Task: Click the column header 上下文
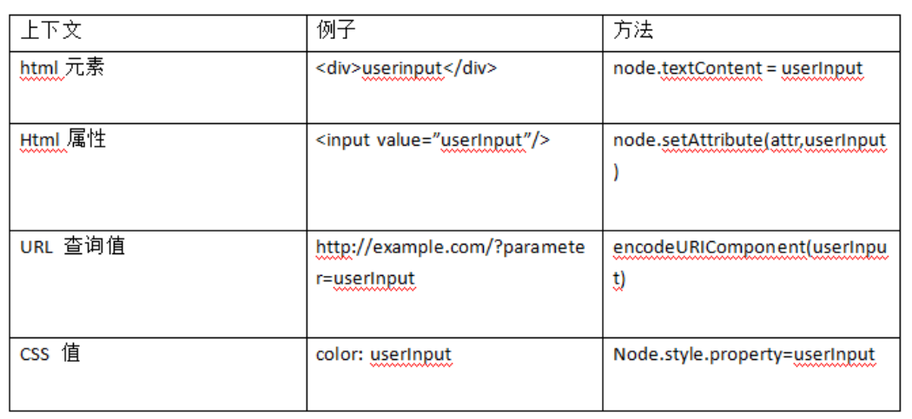50,31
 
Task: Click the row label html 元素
62,68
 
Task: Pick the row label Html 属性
63,140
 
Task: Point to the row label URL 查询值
72,246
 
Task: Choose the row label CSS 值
50,354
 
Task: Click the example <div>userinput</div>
406,69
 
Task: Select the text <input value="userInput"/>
433,141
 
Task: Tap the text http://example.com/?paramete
450,247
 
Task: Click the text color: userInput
383,355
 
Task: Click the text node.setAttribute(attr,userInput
749,141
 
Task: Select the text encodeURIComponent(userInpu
749,247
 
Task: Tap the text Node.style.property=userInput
743,355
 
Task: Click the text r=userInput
365,278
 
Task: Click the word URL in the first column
36,247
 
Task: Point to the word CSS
35,355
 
